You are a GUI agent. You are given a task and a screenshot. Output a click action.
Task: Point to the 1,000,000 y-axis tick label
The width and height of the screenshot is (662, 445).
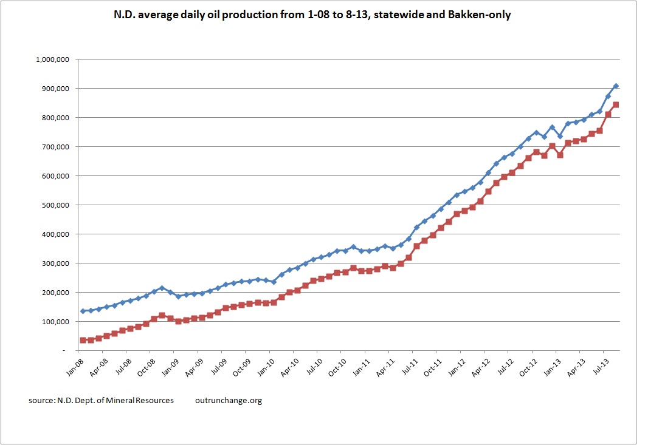pyautogui.click(x=53, y=59)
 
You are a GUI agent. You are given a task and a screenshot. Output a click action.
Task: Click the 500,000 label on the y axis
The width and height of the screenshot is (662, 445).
pyautogui.click(x=55, y=205)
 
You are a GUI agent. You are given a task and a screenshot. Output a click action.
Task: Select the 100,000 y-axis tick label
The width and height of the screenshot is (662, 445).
pyautogui.click(x=55, y=322)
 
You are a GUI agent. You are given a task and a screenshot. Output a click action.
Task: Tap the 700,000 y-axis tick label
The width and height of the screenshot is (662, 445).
pyautogui.click(x=55, y=147)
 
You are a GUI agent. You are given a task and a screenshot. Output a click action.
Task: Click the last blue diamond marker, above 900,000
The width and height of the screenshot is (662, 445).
pyautogui.click(x=616, y=86)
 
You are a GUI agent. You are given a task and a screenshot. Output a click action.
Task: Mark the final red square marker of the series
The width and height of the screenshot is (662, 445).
pyautogui.click(x=616, y=104)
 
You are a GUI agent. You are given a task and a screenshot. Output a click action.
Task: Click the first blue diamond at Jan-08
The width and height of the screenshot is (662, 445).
pyautogui.click(x=83, y=311)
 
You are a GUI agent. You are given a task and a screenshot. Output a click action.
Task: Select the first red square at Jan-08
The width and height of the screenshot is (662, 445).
pyautogui.click(x=83, y=340)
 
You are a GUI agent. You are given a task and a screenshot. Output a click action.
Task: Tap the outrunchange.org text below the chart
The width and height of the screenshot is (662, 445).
pyautogui.click(x=229, y=401)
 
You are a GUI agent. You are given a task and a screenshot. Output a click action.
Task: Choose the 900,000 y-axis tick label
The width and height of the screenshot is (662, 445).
pyautogui.click(x=55, y=89)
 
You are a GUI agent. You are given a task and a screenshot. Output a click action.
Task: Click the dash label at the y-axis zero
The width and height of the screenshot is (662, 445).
pyautogui.click(x=64, y=351)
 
